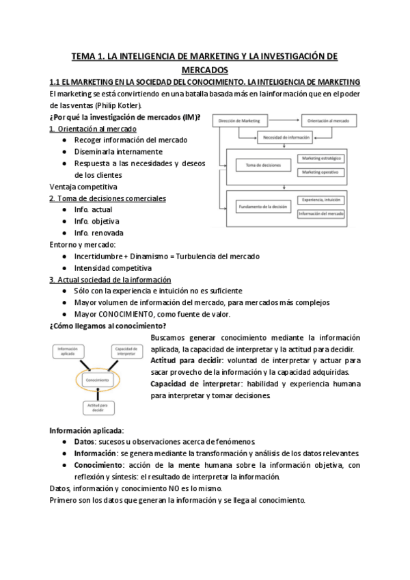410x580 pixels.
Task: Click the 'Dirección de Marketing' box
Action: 239,121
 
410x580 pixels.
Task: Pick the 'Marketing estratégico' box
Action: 320,159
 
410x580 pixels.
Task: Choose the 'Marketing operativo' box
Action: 320,172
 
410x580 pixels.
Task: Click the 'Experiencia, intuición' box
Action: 320,200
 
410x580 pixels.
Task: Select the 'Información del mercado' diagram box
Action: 320,214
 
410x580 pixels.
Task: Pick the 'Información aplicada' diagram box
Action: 66,352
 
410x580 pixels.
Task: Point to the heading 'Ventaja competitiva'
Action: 83,186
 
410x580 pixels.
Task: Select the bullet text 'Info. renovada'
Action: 99,233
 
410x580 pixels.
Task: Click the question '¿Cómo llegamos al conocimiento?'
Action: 108,326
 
